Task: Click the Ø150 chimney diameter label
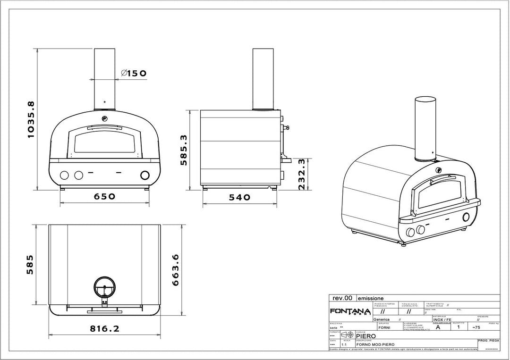point(134,73)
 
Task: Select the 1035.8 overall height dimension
point(31,118)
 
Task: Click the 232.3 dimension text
point(303,174)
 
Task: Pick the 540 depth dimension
point(239,197)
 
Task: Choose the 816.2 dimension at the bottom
point(104,329)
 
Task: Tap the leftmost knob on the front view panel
point(63,176)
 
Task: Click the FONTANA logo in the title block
point(349,312)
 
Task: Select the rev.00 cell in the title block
point(342,298)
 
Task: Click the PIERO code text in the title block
point(365,336)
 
